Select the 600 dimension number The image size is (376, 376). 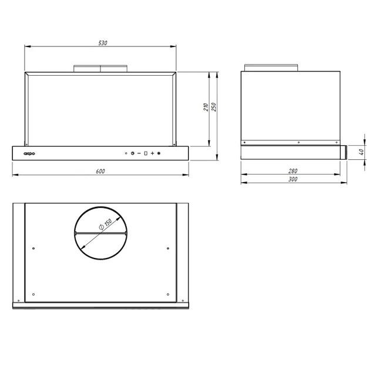point(100,171)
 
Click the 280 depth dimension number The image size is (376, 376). point(293,171)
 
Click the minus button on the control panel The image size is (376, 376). point(139,153)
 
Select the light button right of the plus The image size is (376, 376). point(159,153)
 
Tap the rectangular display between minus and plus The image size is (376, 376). point(146,153)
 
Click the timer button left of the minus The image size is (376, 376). point(133,153)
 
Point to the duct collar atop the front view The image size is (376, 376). point(100,68)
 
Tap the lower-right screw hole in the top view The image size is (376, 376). point(168,294)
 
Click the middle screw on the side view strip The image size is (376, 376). point(299,142)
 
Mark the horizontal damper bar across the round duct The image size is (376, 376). point(100,233)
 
